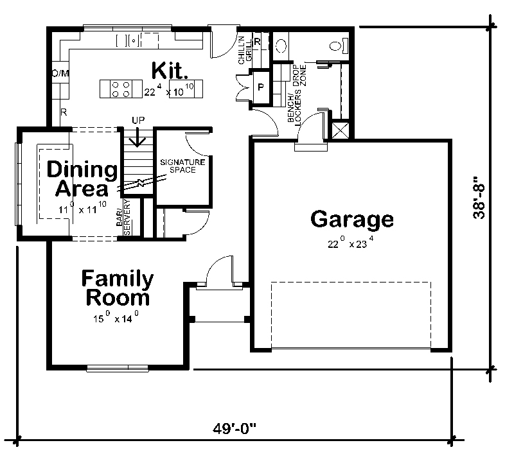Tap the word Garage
pyautogui.click(x=351, y=220)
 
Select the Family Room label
pyautogui.click(x=117, y=288)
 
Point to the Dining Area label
pyautogui.click(x=82, y=179)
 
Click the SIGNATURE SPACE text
pyautogui.click(x=182, y=166)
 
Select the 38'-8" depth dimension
pyautogui.click(x=479, y=198)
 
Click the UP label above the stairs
pyautogui.click(x=137, y=120)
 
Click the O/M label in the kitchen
pyautogui.click(x=60, y=73)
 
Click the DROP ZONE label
pyautogui.click(x=299, y=76)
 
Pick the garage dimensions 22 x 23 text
pyautogui.click(x=351, y=243)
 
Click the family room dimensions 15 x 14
pyautogui.click(x=117, y=318)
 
